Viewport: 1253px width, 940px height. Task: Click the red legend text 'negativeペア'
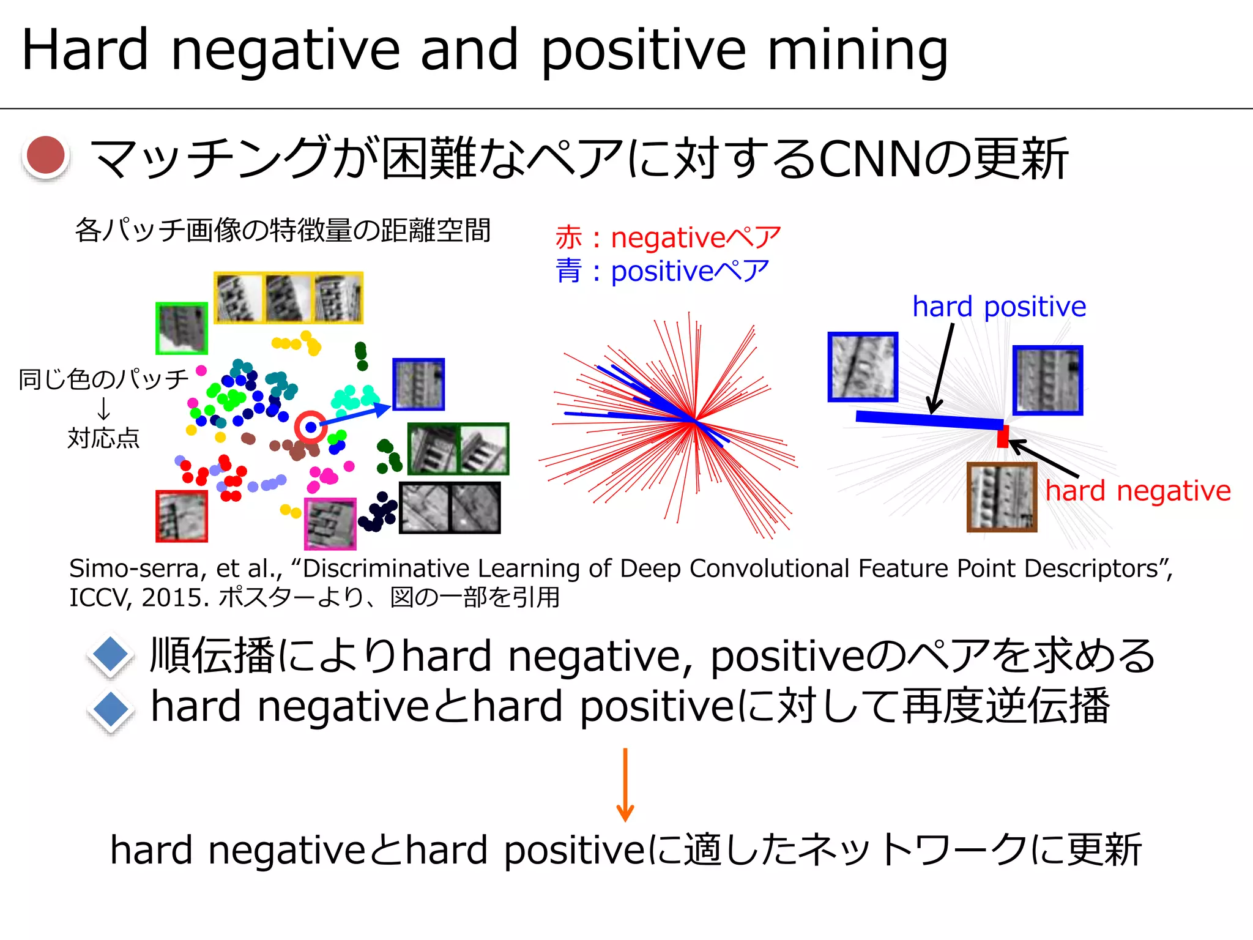coord(695,237)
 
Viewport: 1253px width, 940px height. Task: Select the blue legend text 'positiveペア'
coord(689,271)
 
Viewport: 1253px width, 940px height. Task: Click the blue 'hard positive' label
coord(998,307)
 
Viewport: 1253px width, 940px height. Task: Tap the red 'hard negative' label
coord(1137,491)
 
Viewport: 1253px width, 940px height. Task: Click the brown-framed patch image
coord(1002,497)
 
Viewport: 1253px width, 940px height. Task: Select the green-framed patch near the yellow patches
coord(182,328)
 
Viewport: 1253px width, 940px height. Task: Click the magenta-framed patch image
coord(330,524)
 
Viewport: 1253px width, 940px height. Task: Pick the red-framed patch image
coord(182,516)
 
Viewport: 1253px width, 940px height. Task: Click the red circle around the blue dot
coord(311,427)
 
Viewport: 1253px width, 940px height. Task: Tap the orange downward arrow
coord(625,785)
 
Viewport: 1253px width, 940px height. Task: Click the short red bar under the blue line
coord(1003,437)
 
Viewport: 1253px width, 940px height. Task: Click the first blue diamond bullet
coord(111,655)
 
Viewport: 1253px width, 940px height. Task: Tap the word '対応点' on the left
coord(103,438)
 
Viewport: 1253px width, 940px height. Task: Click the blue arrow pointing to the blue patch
coord(355,414)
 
